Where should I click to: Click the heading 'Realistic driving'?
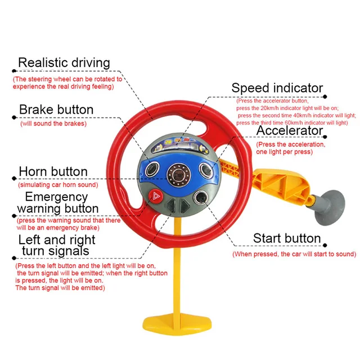pos(64,62)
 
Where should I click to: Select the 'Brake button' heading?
pos(56,109)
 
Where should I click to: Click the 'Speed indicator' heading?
pos(277,88)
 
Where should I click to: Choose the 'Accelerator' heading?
pos(290,131)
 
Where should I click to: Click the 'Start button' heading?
pos(287,238)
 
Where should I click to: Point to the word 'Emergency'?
pos(56,197)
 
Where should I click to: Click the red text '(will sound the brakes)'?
pos(53,123)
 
